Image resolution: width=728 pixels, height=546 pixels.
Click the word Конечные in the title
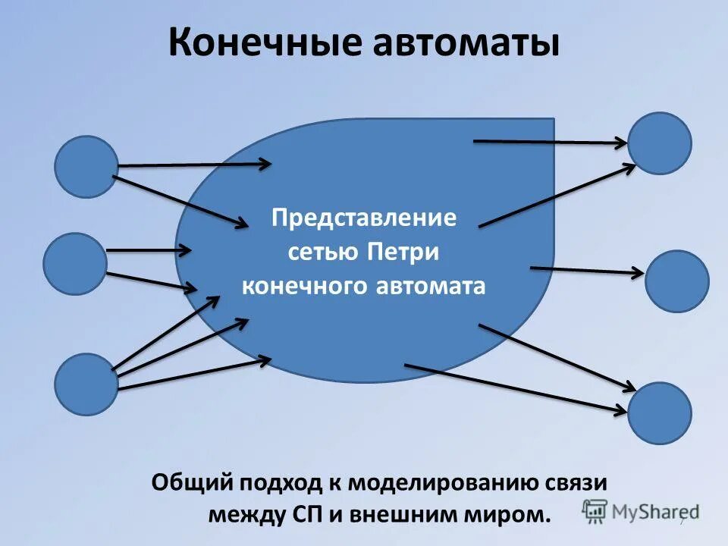(x=263, y=43)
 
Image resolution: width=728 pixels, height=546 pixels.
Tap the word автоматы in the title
(x=465, y=43)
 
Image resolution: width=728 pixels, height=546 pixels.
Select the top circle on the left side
(x=86, y=167)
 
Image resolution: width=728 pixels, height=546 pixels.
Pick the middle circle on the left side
(x=75, y=264)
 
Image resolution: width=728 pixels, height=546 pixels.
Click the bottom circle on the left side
(x=86, y=384)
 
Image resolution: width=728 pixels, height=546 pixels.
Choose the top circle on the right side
(x=659, y=143)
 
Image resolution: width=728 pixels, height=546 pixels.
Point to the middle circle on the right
(x=676, y=281)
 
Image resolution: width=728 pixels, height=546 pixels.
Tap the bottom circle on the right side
(x=659, y=413)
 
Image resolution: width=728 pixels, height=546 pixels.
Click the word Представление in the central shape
(x=365, y=218)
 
